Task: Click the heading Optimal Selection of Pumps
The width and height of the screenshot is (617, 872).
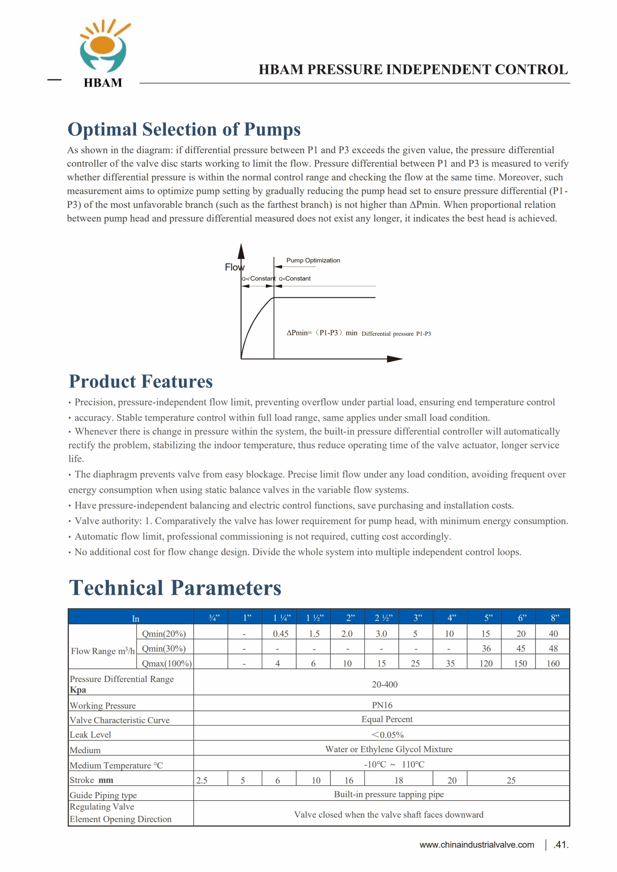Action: coord(184,129)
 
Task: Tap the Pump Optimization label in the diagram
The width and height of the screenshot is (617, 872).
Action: coord(313,261)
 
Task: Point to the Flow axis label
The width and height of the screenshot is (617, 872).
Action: coord(234,267)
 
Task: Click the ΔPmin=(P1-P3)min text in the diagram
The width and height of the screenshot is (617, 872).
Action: coord(322,333)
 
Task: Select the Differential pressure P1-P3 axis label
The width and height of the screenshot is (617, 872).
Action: coord(396,334)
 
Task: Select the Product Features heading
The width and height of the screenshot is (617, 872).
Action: coord(141,382)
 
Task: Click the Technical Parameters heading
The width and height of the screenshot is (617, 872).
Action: coord(175,588)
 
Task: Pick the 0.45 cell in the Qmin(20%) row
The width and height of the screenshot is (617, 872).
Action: coord(281,634)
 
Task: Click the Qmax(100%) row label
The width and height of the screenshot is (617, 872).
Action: coord(166,664)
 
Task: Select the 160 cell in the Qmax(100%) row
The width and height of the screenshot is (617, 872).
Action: coord(553,664)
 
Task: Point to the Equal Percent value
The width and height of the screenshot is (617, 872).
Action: coord(387,719)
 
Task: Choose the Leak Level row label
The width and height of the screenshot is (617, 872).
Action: coord(90,735)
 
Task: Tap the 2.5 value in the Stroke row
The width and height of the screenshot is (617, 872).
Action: coord(202,780)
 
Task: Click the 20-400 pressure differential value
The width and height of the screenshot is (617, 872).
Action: coord(385,684)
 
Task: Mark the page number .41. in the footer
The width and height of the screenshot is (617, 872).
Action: coord(561,845)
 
